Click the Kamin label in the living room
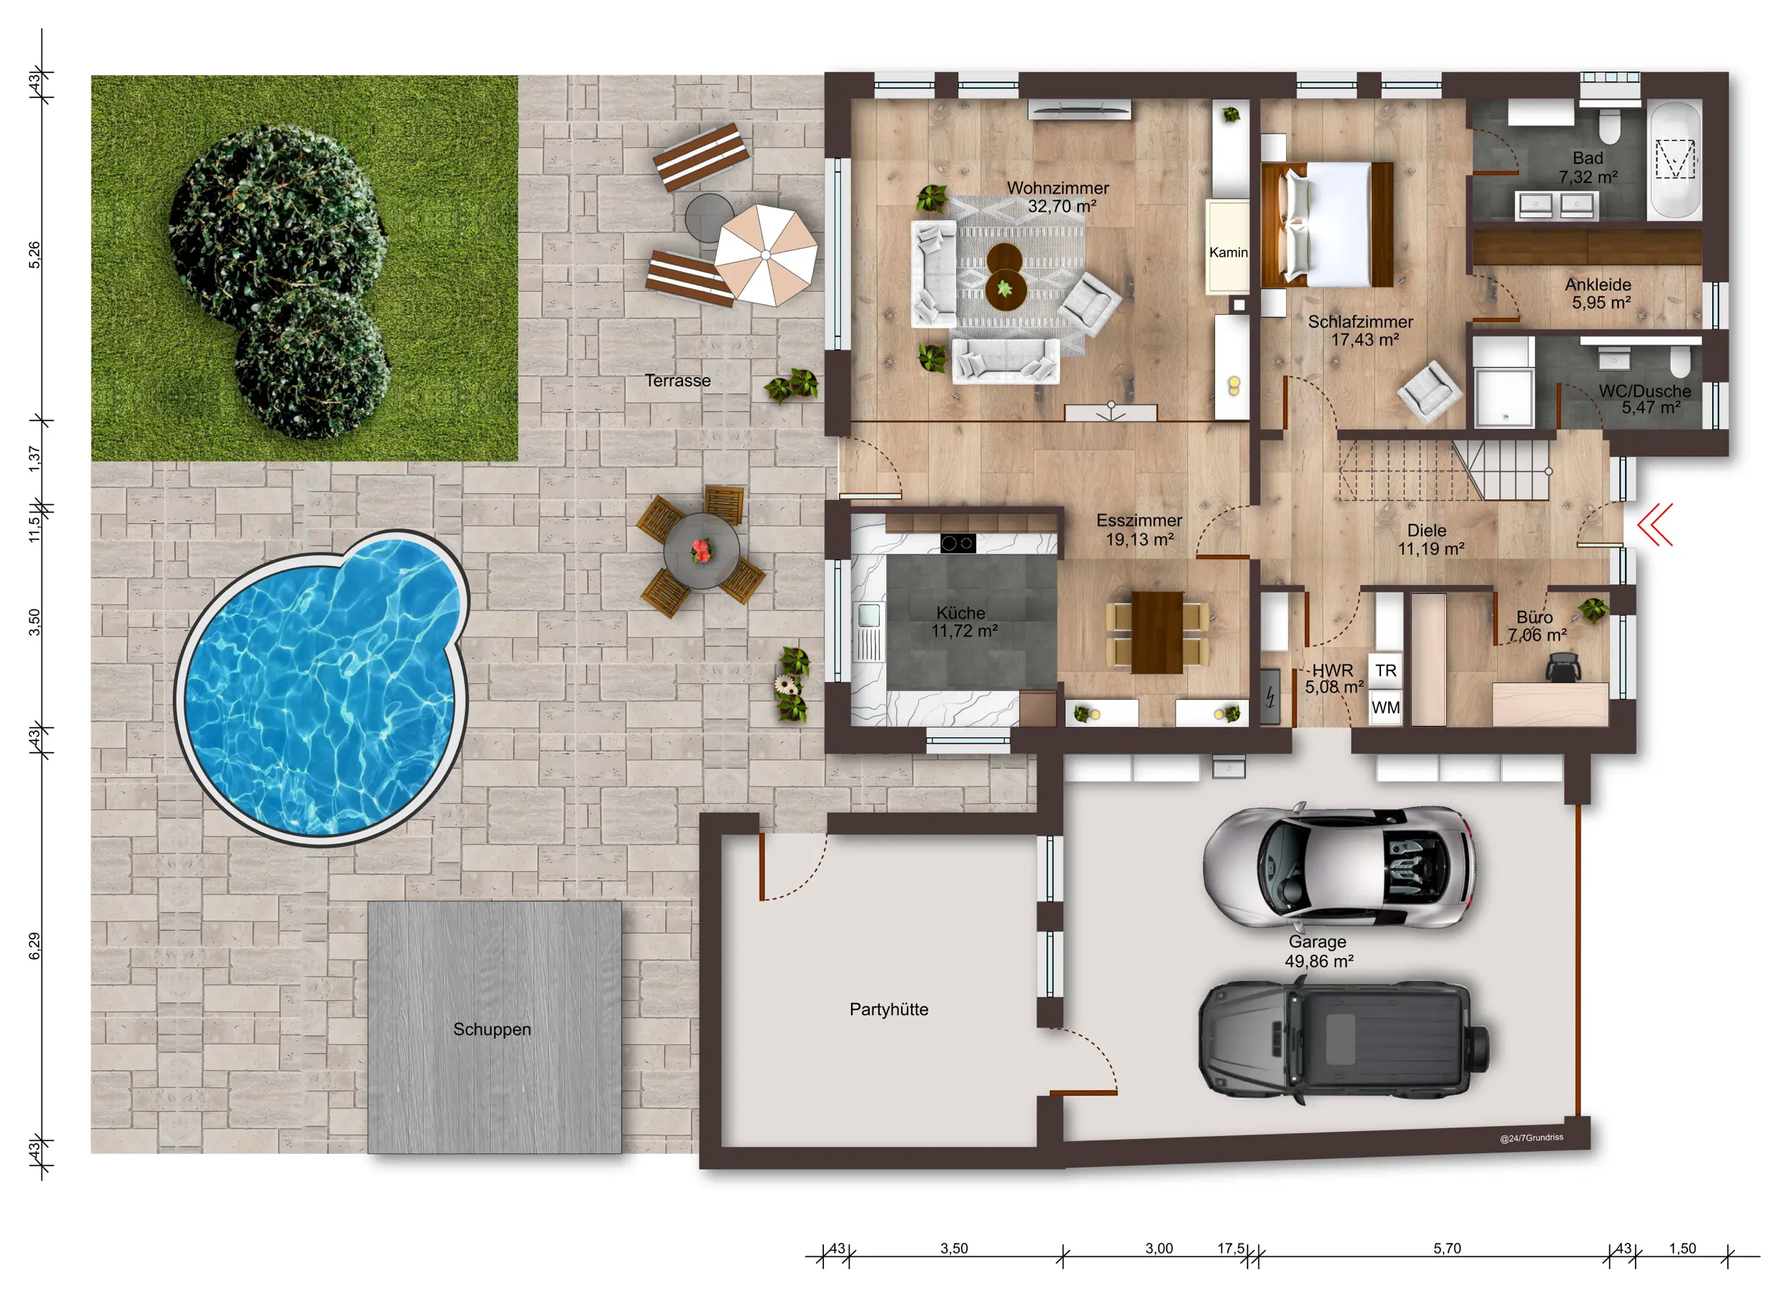[x=1228, y=253]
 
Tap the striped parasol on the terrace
[x=765, y=255]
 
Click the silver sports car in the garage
[x=1339, y=866]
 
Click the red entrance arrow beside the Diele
[x=1655, y=524]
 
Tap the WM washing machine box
[x=1385, y=708]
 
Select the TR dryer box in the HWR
[x=1385, y=670]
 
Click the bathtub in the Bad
[x=1674, y=160]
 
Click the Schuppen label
[x=492, y=1029]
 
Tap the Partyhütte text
[x=888, y=1009]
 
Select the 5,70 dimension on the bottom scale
[x=1447, y=1248]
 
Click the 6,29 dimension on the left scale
[x=35, y=946]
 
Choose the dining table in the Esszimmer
[x=1156, y=632]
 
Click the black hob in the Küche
[x=958, y=542]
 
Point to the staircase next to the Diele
[x=1443, y=471]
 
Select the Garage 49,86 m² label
[x=1318, y=951]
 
